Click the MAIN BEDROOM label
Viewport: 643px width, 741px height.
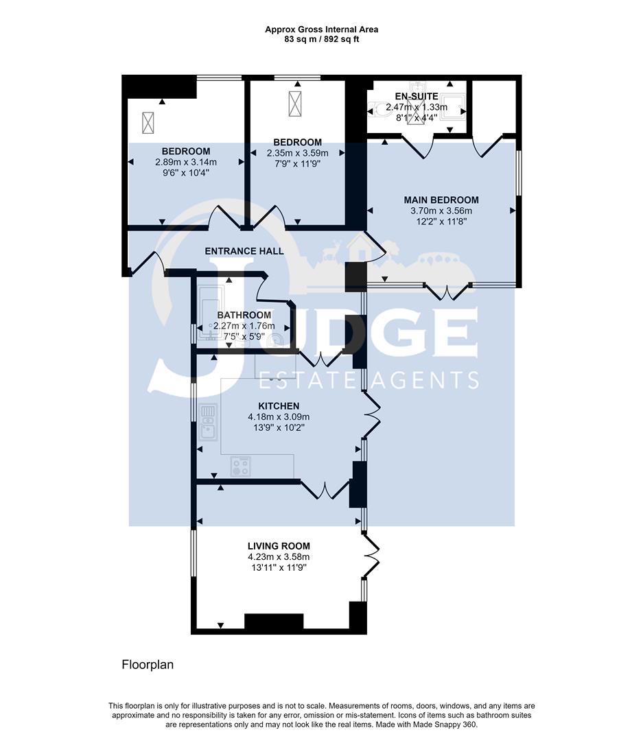click(x=441, y=200)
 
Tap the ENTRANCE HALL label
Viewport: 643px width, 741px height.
click(x=244, y=251)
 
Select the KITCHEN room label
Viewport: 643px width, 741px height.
click(x=279, y=406)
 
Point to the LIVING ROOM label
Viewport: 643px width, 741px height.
click(x=279, y=546)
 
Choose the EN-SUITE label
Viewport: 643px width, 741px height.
click(x=417, y=96)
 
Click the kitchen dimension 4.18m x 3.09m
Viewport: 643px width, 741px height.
click(x=279, y=417)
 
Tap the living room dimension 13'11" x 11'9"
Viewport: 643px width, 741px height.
click(x=279, y=567)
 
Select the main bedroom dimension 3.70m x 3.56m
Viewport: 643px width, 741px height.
click(x=441, y=211)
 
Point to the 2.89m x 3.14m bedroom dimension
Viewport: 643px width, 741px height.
click(x=186, y=163)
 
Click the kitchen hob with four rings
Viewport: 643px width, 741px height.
click(x=241, y=467)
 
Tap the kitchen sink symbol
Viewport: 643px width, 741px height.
click(x=209, y=422)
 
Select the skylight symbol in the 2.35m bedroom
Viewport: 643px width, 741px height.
click(x=296, y=104)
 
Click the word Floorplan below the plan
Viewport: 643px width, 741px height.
click(x=148, y=664)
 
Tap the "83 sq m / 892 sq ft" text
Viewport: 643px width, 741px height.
click(x=321, y=39)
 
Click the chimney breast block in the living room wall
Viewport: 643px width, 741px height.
click(x=274, y=621)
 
